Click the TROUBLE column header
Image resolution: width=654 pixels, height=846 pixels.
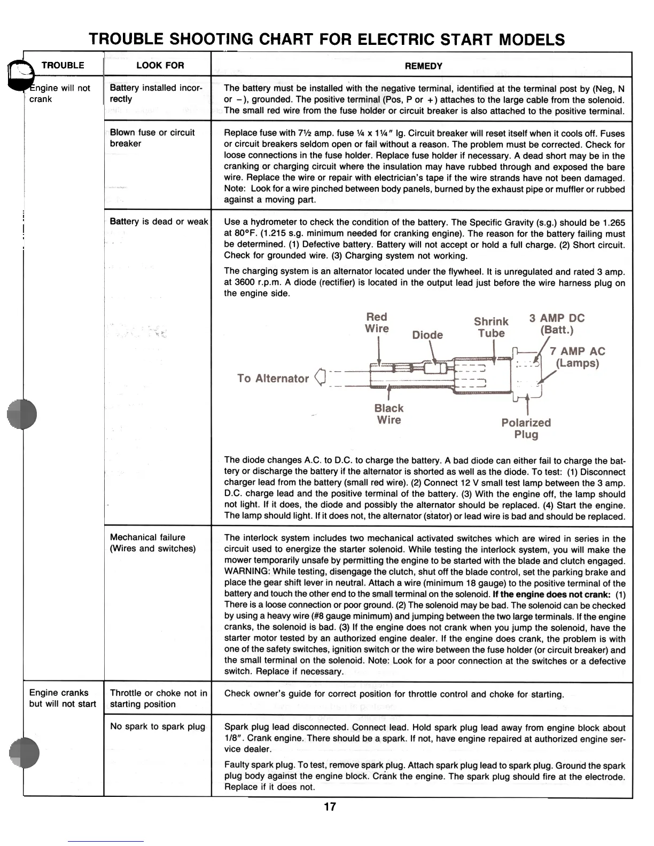tap(63, 65)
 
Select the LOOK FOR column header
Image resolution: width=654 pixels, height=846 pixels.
tap(160, 65)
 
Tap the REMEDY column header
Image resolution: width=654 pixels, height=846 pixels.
tap(423, 66)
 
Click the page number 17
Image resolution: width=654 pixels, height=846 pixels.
tap(330, 806)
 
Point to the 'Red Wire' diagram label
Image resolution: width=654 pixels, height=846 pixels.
tap(377, 323)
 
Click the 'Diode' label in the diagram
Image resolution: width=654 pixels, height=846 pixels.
tap(427, 335)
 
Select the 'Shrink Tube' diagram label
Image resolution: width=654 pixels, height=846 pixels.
tap(491, 327)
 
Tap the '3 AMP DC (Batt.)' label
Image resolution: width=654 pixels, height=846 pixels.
tap(557, 324)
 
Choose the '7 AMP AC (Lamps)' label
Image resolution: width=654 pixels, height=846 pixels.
tap(577, 357)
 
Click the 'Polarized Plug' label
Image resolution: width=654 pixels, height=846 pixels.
tap(526, 428)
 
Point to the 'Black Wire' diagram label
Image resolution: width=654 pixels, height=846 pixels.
tap(389, 414)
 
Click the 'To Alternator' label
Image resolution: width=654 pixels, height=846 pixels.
tap(273, 379)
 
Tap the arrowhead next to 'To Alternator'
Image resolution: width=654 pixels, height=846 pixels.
tap(320, 377)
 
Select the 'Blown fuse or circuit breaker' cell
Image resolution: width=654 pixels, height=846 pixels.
tap(152, 138)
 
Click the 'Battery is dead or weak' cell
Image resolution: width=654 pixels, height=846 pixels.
tap(159, 221)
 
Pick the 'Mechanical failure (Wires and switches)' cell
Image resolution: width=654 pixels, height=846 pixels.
tap(152, 543)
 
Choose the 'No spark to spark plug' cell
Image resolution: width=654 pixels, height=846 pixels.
tap(157, 726)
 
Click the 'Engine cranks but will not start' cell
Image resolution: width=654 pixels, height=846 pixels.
tap(63, 698)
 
